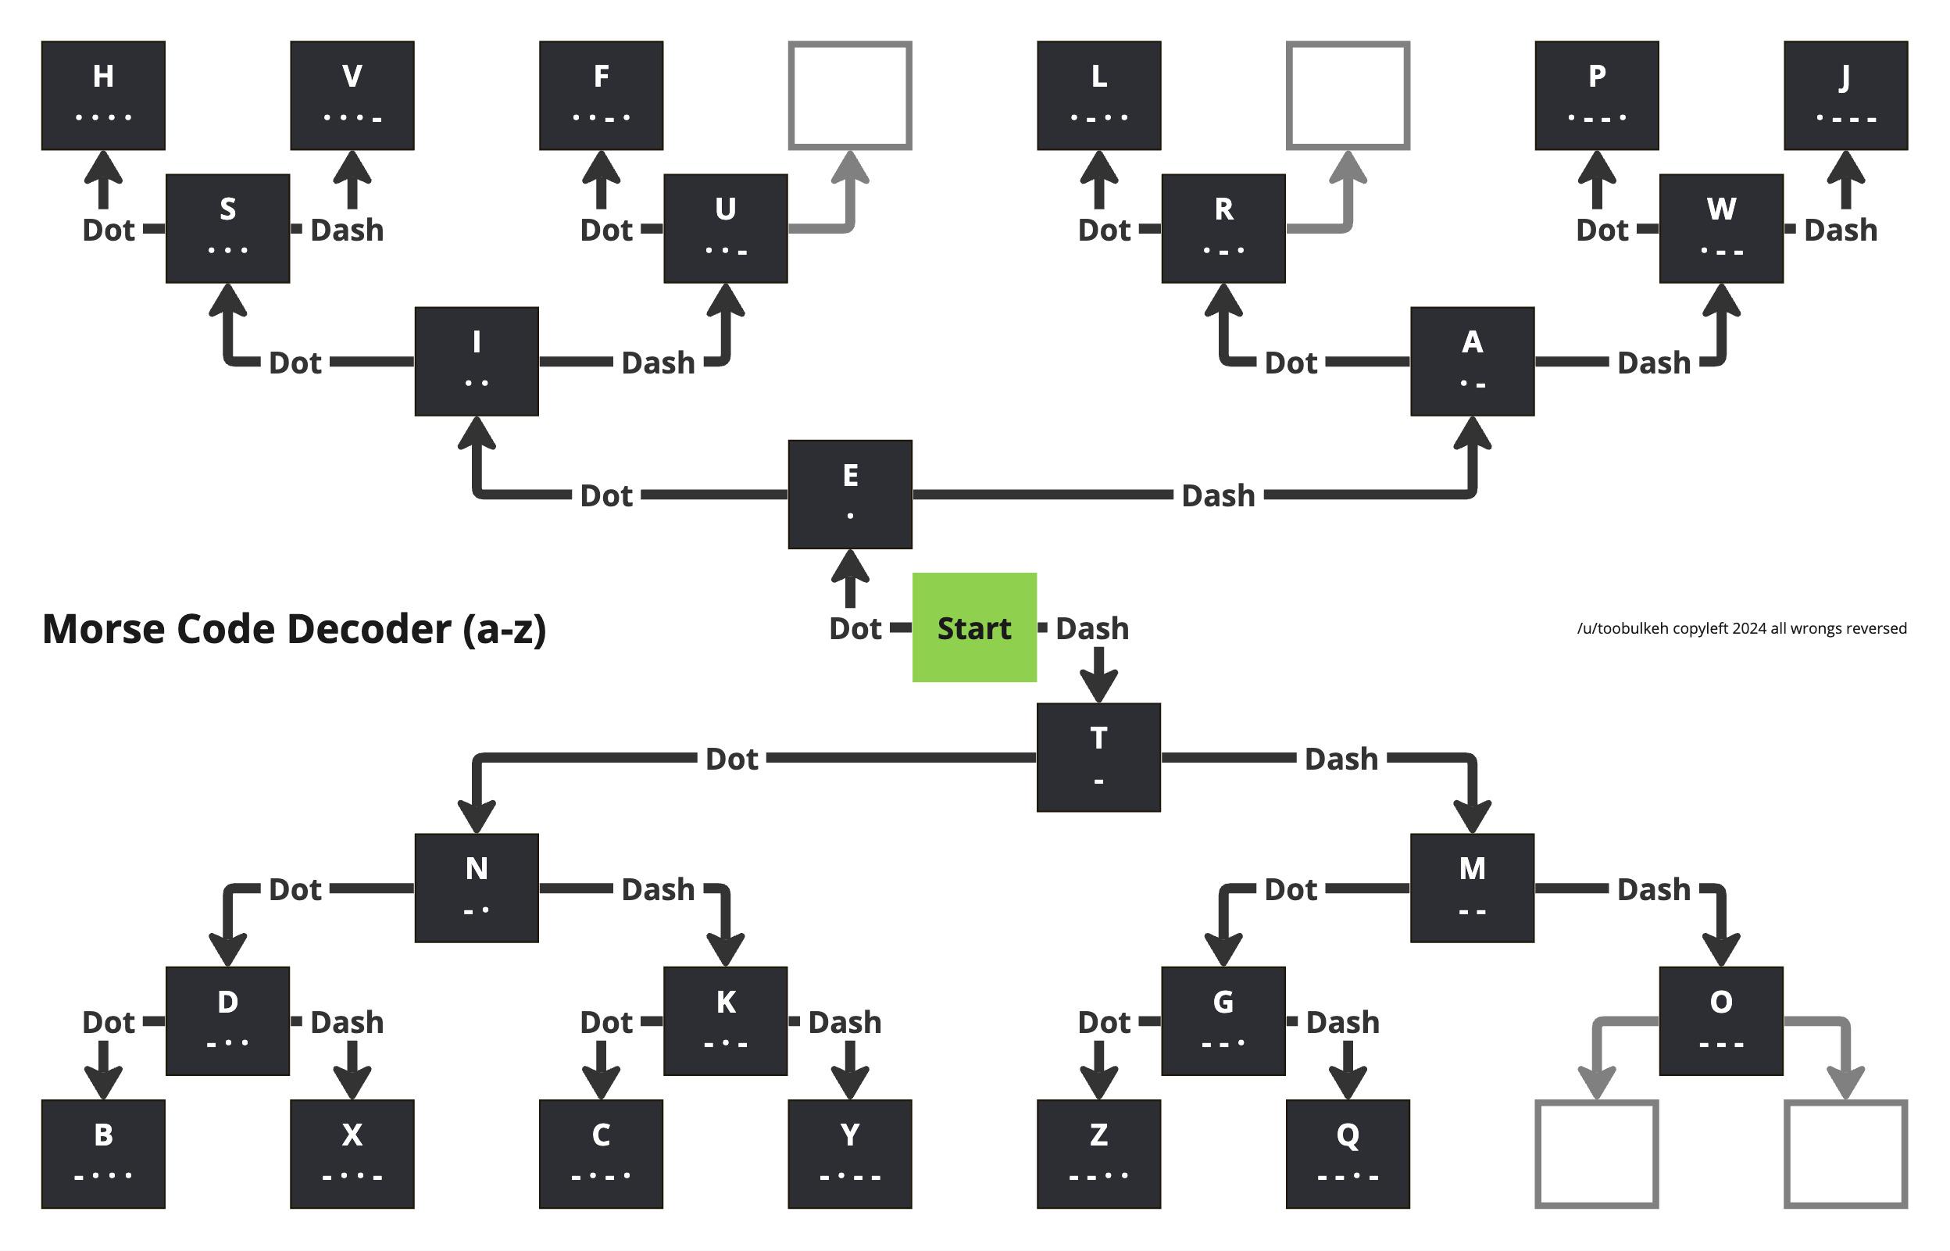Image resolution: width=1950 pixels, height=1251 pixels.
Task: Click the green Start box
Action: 973,627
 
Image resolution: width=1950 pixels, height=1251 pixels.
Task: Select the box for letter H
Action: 103,95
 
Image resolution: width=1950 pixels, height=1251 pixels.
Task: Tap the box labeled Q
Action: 1348,1153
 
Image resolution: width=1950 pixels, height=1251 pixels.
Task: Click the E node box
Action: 849,494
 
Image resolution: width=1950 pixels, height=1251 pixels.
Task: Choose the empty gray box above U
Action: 849,95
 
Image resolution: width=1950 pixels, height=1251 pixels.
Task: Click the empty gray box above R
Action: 1348,95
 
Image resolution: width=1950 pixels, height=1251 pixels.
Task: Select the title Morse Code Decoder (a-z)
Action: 294,629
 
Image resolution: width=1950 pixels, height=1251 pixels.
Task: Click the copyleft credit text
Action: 1741,628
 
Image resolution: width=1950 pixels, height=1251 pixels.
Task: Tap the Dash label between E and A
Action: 1217,495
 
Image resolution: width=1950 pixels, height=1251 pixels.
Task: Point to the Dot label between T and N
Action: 731,759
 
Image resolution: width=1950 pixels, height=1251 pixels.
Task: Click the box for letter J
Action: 1845,95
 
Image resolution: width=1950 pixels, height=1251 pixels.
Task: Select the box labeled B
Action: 103,1153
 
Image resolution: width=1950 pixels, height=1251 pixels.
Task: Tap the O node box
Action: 1721,1020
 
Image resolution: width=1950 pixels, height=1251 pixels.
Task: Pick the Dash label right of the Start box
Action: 1091,628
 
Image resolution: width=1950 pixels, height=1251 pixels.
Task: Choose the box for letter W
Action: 1721,228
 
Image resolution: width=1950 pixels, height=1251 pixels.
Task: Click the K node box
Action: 725,1020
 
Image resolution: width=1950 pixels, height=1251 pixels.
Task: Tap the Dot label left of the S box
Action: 108,230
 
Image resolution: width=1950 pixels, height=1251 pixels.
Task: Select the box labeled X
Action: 352,1153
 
